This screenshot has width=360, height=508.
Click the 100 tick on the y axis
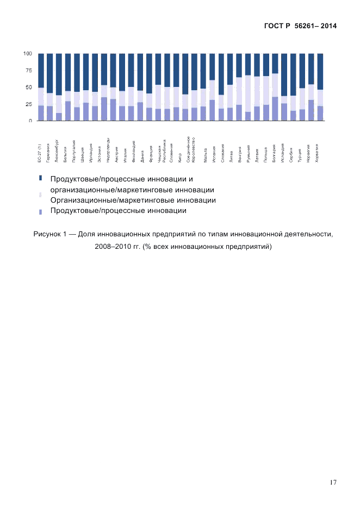coord(27,54)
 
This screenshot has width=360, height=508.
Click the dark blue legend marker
coord(40,178)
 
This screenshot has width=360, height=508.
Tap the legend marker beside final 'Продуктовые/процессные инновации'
coord(40,211)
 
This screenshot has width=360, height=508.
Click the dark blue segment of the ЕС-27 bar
coord(41,71)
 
